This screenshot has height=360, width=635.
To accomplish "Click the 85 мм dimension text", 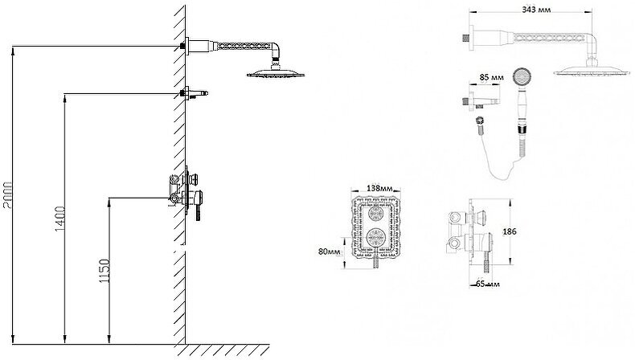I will coord(490,78).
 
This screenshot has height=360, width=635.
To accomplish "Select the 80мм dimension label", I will coord(329,252).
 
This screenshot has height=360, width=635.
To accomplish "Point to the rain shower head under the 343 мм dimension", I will coord(590,72).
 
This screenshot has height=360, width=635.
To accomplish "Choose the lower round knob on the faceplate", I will coord(375,238).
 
